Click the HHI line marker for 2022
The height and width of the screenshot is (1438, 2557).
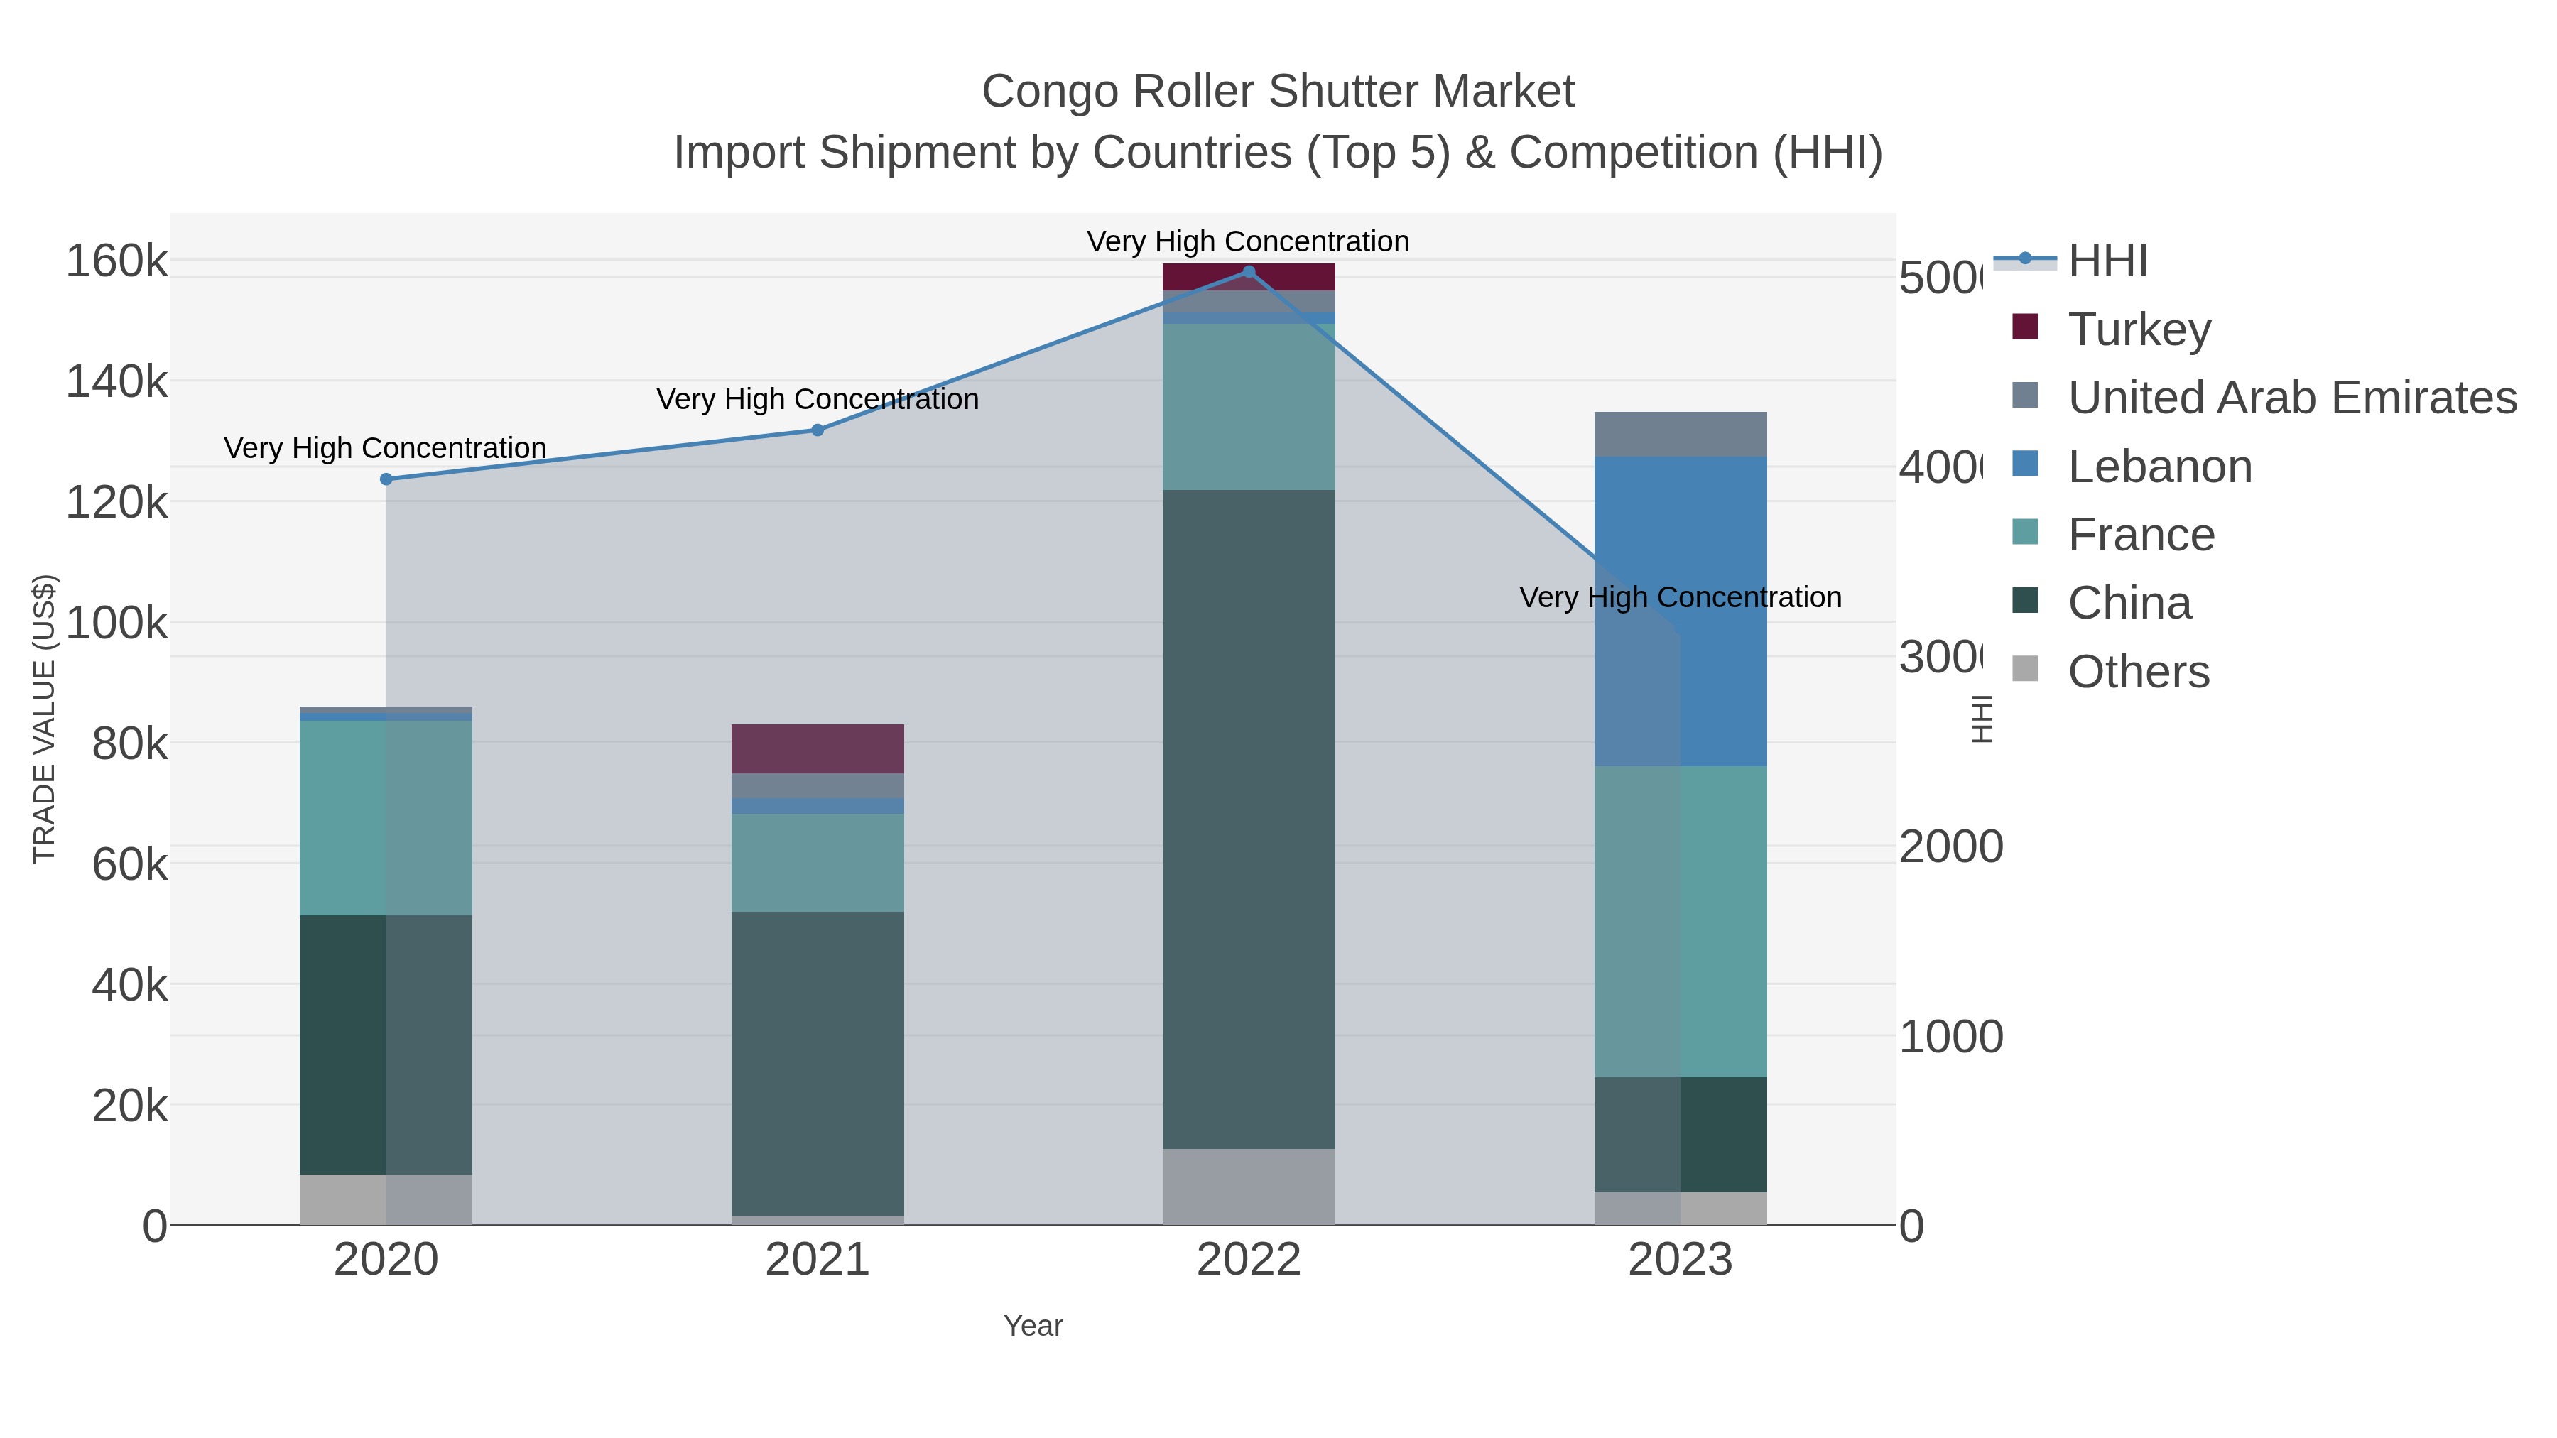pos(1249,272)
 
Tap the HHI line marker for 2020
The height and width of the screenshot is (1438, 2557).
pos(386,479)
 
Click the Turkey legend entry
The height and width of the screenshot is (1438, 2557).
pos(2139,329)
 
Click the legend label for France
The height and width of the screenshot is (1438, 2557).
pos(2141,535)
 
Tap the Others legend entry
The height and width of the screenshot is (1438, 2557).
pos(2138,672)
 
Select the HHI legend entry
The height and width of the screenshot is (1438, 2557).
pos(2107,261)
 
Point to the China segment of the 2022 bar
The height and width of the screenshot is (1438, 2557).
pos(1249,819)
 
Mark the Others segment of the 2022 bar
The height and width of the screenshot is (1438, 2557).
pos(1249,1187)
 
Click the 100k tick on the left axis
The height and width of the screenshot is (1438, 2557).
pos(117,624)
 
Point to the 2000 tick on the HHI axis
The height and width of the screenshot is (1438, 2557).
pos(1950,847)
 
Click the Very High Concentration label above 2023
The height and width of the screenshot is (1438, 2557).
pos(1681,597)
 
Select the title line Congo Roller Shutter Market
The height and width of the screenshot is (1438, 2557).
pos(1278,92)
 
